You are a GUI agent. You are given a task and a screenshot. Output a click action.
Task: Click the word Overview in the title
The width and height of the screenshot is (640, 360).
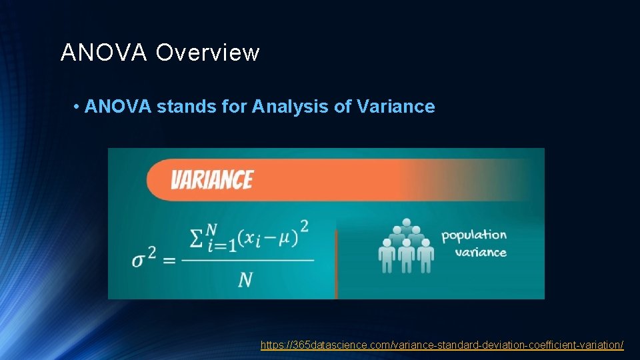[x=207, y=53]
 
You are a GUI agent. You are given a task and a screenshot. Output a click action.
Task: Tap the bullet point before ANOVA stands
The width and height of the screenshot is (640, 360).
[x=77, y=107]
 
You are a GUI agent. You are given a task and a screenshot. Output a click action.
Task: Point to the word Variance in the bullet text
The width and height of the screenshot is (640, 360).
[x=396, y=107]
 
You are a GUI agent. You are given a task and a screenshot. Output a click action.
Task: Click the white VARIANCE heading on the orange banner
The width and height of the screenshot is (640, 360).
[x=212, y=180]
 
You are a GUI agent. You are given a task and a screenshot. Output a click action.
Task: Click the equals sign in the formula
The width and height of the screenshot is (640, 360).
[x=169, y=259]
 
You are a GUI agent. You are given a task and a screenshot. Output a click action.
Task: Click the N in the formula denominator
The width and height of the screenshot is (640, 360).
[x=245, y=279]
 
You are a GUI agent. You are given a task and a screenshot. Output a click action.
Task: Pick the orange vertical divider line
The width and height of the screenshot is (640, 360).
[x=336, y=264]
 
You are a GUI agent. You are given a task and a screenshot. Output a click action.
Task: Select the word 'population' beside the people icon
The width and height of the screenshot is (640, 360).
[x=474, y=235]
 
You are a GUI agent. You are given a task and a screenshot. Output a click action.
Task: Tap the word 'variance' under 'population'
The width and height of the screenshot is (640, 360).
[x=481, y=252]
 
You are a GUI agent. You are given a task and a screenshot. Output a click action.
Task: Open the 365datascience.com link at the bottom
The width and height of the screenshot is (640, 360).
[x=442, y=345]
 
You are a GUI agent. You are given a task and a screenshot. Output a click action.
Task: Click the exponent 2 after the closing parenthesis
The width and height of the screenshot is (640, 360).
[x=304, y=227]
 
